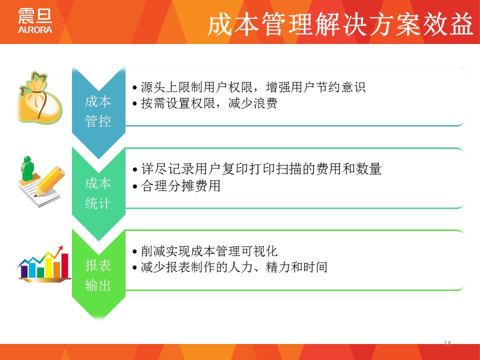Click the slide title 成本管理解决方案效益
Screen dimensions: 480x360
340,24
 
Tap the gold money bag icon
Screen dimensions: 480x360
39,98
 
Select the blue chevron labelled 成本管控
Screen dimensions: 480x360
98,112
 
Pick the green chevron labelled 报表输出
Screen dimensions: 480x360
98,274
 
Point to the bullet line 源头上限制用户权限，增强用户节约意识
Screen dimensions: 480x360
249,87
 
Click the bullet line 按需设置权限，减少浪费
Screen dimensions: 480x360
205,103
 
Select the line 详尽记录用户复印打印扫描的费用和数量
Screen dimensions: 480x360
257,169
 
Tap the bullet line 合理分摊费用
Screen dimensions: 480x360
176,185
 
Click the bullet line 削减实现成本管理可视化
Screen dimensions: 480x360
205,251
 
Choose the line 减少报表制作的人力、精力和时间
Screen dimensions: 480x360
230,267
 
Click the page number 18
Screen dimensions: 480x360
447,343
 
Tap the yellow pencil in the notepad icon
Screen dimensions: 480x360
49,180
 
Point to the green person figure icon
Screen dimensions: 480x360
28,168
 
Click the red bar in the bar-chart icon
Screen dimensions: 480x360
64,265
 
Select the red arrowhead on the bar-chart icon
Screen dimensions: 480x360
60,248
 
